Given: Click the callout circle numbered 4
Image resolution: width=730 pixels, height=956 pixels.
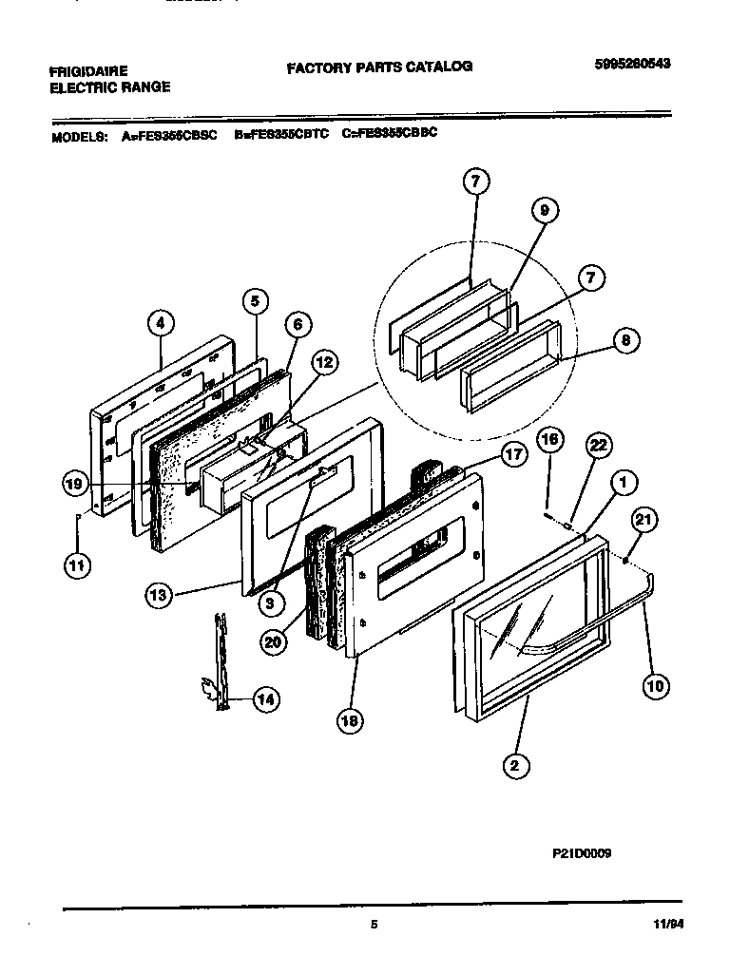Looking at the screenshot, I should point(161,322).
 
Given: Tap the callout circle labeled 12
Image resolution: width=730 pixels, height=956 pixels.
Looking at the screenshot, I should point(324,361).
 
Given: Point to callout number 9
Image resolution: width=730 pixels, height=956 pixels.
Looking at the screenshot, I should point(543,211).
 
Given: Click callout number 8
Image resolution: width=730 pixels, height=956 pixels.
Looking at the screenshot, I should point(624,340).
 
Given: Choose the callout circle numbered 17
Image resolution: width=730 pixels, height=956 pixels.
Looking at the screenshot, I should point(513,455).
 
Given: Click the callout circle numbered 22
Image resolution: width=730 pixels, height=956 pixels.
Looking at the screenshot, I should point(598,445).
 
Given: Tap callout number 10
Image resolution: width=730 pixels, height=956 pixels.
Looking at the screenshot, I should point(655,685).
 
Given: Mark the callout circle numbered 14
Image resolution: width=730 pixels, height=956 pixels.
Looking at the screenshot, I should point(266,699).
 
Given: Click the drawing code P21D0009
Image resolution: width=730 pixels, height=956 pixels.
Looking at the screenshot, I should point(580,852).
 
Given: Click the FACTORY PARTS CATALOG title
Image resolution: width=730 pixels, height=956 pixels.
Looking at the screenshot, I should point(379,67).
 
